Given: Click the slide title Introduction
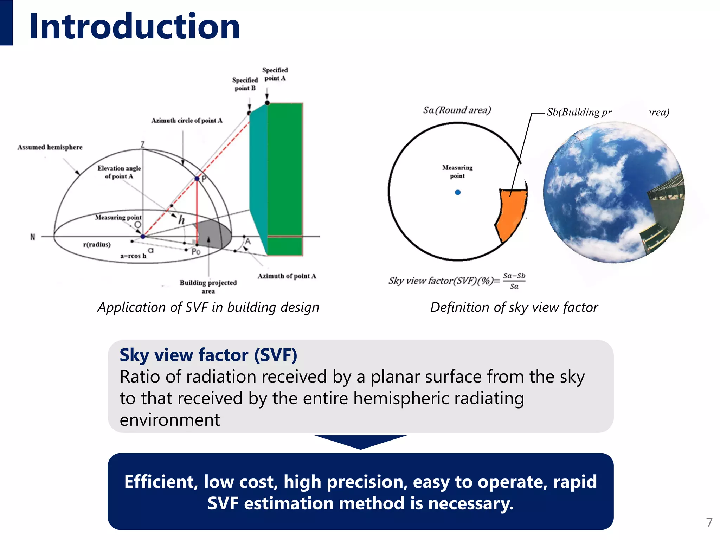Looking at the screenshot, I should point(135,26).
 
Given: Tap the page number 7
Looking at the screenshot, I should point(709,522).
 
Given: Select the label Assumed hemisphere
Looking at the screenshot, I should point(50,147).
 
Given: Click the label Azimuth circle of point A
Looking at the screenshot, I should point(187,121).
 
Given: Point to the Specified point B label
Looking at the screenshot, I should point(245,84).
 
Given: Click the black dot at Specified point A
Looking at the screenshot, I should point(267,103).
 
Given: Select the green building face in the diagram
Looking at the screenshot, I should point(285,176).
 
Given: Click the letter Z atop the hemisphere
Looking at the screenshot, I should point(143,144).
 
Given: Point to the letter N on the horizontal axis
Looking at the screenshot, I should point(33,237).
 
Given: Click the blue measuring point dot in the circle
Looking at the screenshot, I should point(457,192).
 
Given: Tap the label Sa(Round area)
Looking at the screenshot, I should point(457,110).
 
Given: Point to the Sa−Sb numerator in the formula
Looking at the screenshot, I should point(514,276).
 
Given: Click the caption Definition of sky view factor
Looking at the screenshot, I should point(514,307).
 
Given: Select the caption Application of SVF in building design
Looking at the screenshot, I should point(208,307).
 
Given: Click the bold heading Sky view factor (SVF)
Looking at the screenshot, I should point(208,355).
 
